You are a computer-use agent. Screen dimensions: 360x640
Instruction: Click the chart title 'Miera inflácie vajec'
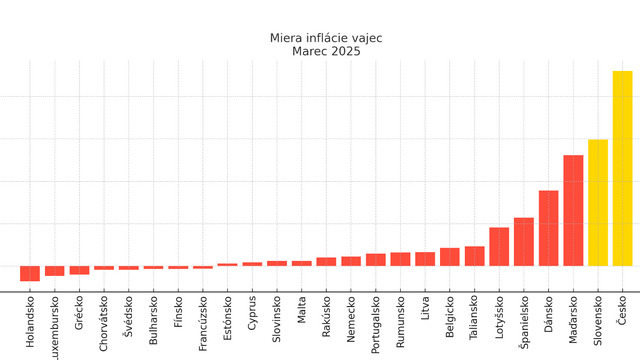coord(326,38)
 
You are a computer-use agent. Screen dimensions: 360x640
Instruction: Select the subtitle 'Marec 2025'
coord(326,51)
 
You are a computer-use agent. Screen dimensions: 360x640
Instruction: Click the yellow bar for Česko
coord(622,168)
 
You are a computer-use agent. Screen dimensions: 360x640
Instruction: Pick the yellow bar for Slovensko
coord(598,202)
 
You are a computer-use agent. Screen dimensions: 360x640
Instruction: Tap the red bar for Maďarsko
coord(573,210)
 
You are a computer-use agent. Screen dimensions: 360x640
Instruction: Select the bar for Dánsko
coord(549,228)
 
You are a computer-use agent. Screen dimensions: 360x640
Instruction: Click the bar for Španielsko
coord(524,241)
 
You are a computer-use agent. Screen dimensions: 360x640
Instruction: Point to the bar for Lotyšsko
coord(499,246)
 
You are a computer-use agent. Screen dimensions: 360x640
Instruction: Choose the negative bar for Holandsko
coord(30,273)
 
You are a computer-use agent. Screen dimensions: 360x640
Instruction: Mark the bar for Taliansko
coord(475,256)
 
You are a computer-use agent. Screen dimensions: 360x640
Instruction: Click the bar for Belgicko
coord(450,257)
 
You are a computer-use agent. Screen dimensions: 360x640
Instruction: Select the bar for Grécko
coord(80,270)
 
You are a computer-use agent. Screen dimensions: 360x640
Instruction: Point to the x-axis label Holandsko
coord(31,321)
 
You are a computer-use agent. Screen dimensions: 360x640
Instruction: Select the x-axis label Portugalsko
coord(376,324)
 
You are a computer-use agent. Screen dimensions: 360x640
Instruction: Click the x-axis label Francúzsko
coord(204,323)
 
